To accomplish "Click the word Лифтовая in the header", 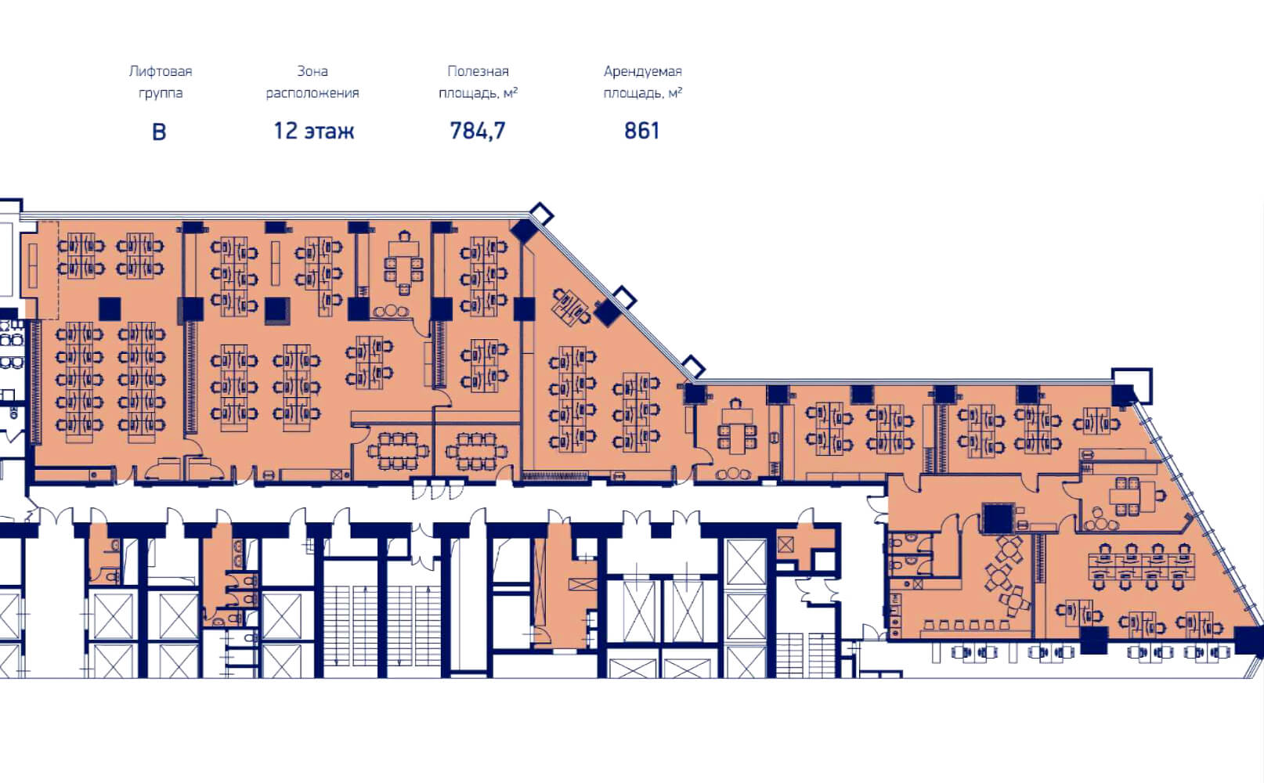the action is point(161,71).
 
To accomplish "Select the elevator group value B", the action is point(159,132).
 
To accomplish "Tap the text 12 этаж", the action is point(314,131).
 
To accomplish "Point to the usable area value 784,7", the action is point(478,131).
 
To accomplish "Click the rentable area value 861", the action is point(641,131).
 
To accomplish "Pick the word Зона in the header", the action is point(312,71).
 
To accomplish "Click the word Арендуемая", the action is point(643,71).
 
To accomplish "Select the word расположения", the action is point(312,93).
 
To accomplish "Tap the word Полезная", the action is point(478,71).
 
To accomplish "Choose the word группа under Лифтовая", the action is point(161,94).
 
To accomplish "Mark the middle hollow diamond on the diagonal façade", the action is point(624,298).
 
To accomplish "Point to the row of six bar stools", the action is point(966,625).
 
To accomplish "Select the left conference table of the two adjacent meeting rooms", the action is point(398,451).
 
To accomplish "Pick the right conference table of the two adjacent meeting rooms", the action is point(476,451).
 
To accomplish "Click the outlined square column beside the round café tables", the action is point(998,518).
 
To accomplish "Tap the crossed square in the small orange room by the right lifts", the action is point(785,545).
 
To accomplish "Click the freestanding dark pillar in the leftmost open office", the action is point(110,309).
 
